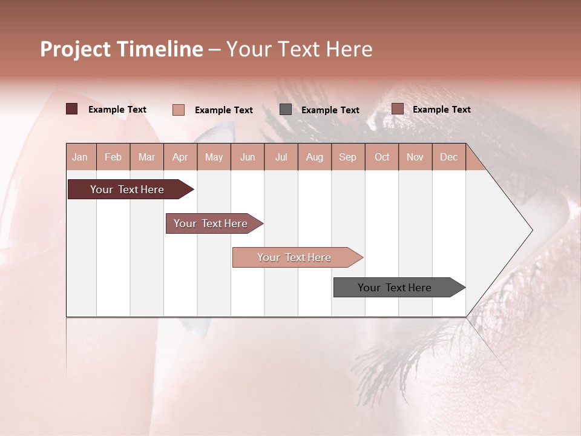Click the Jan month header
pos(80,157)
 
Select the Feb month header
pos(113,157)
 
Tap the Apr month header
pos(180,157)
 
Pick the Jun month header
pos(248,157)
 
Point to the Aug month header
pos(314,157)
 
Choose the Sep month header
pos(347,157)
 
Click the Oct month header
pos(382,157)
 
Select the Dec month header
pos(448,157)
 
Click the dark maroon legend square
pos(72,109)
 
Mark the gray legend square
pos(286,110)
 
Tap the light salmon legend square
pos(179,110)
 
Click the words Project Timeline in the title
pos(122,49)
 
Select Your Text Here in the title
pos(299,49)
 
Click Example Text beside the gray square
pos(330,110)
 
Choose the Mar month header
pos(146,157)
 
